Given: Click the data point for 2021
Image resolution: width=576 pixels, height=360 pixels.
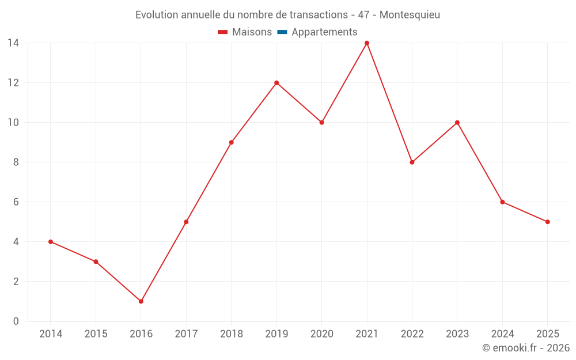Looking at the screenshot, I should tap(367, 43).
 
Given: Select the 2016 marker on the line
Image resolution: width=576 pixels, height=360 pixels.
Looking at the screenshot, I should tap(141, 301).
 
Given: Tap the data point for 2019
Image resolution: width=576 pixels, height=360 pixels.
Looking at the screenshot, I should tap(276, 83).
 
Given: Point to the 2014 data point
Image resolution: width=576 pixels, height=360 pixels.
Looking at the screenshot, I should tap(51, 242).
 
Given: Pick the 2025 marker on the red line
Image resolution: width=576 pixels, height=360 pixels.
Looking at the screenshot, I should tap(548, 222).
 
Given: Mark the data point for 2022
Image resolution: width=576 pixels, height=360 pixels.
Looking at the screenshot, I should tap(412, 162).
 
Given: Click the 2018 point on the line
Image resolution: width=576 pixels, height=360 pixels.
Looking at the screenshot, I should tap(232, 142).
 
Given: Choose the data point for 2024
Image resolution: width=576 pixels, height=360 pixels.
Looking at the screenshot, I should tap(503, 202).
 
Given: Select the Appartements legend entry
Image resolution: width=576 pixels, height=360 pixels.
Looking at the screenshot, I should tap(324, 32).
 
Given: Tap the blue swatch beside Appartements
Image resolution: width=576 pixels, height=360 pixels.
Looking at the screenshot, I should tap(282, 32).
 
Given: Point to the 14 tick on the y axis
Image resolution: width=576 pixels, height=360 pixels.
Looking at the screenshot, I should tap(13, 43).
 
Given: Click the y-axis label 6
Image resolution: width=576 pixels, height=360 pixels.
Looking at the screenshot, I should tap(16, 202).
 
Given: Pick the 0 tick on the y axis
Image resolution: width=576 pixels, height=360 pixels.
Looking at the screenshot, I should tap(16, 321).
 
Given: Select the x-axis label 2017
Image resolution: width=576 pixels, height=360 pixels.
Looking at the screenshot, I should tap(186, 334).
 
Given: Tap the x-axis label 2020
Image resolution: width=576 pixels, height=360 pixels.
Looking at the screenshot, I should tap(321, 334).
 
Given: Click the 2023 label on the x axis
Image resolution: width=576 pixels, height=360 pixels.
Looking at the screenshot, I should tap(457, 334).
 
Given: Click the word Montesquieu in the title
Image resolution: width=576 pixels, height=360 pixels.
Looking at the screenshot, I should tap(410, 15).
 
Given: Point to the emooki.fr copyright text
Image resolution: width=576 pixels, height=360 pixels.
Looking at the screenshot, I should tap(526, 348).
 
